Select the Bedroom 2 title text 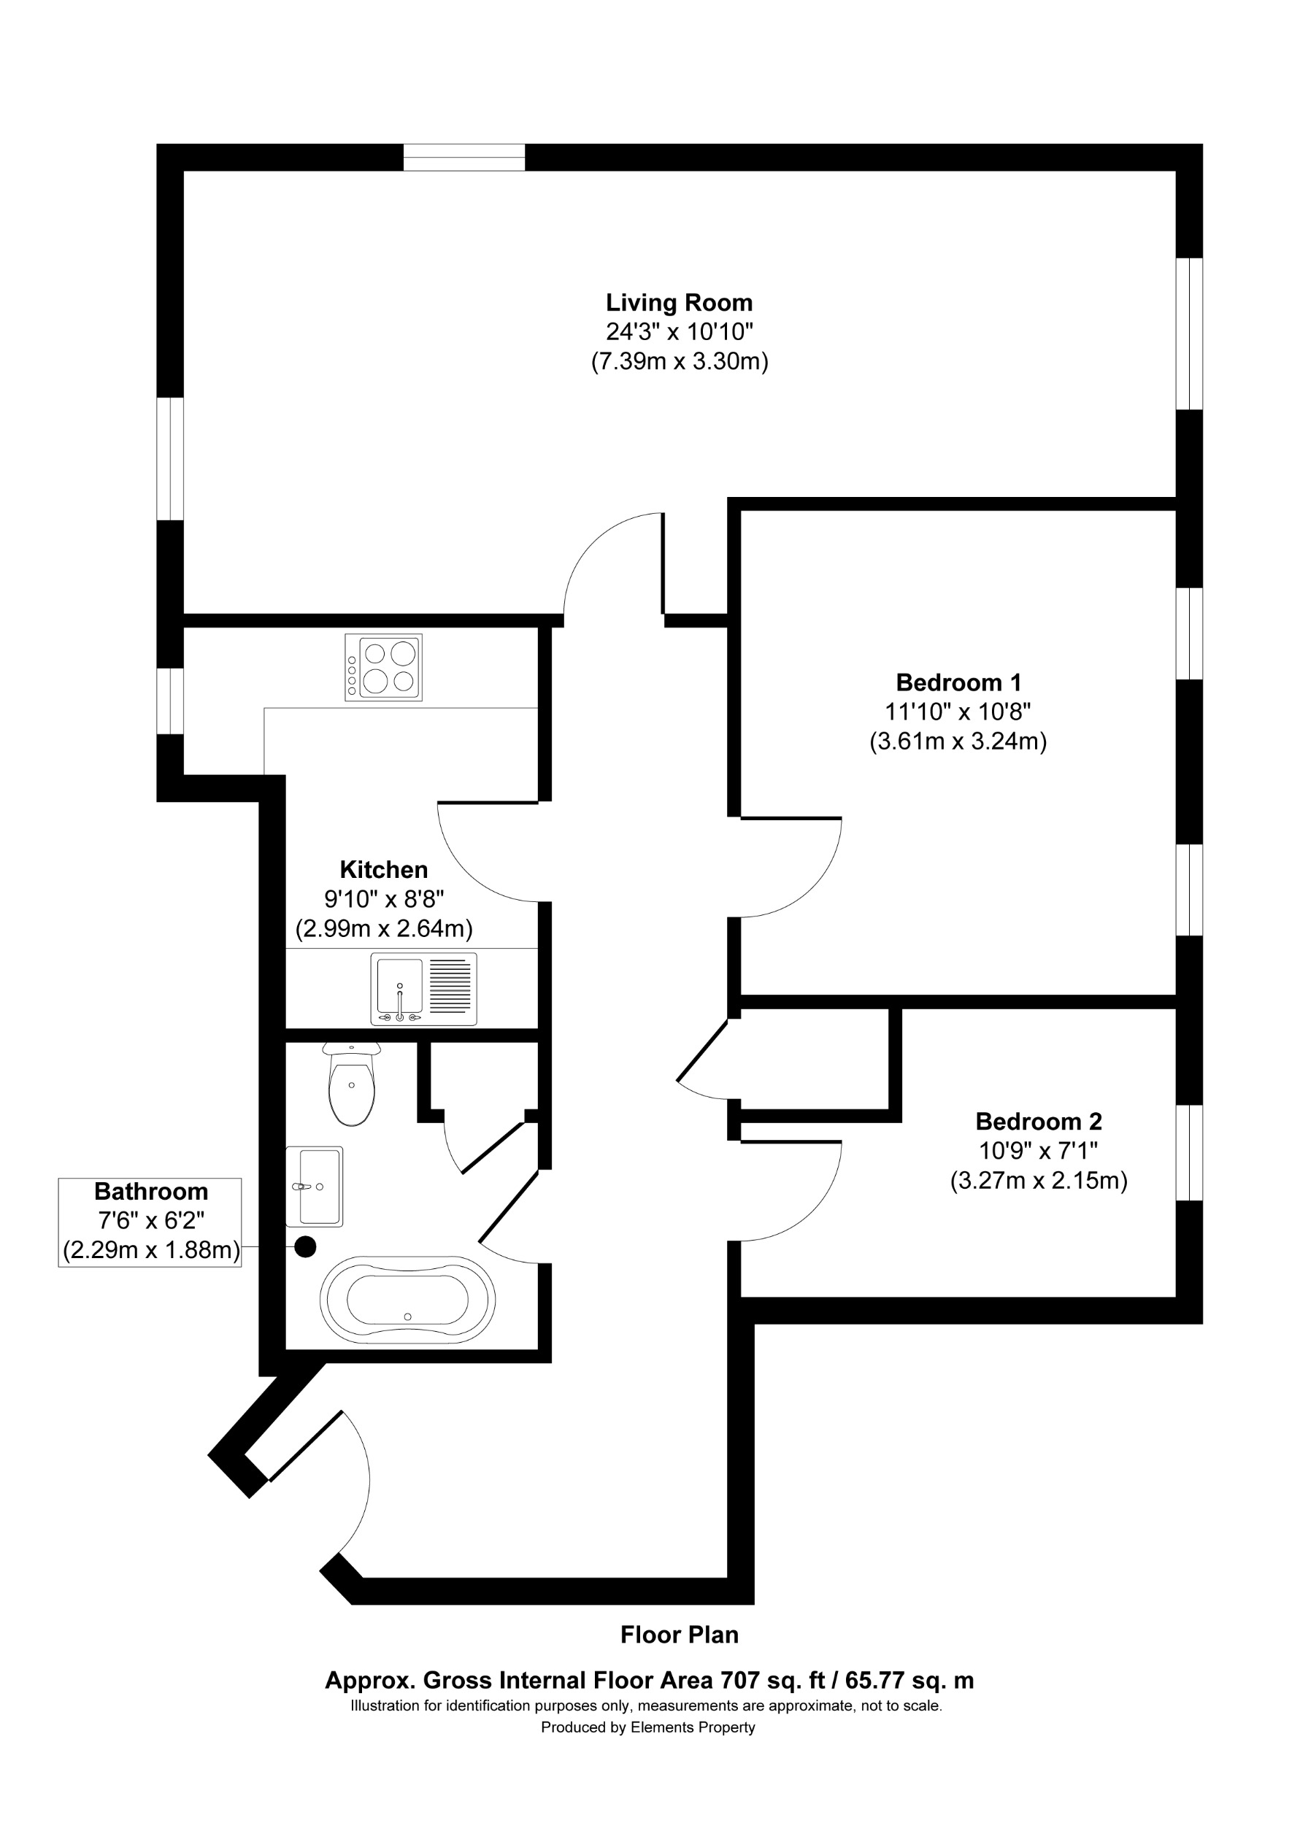[1038, 1122]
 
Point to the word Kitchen [384, 869]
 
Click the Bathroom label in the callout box [150, 1191]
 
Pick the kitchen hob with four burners [383, 667]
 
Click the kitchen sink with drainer [423, 988]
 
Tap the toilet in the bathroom [352, 1084]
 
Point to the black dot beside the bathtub [305, 1246]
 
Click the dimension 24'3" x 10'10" [680, 331]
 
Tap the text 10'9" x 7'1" [1038, 1151]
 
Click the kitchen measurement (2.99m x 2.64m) [384, 929]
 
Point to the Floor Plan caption [680, 1635]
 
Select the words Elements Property [693, 1727]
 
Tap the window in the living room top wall [464, 157]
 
